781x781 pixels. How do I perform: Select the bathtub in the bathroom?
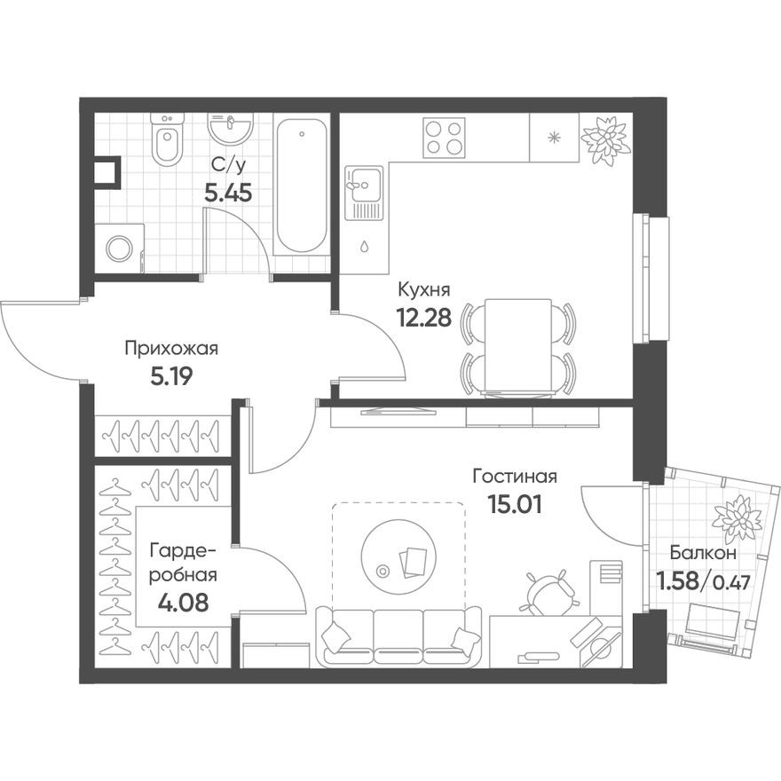tap(302, 187)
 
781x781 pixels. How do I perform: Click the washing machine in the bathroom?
tap(120, 248)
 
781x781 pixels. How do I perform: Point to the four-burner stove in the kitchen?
tap(444, 138)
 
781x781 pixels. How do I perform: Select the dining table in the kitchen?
tap(518, 346)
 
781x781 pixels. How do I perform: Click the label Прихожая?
tap(171, 348)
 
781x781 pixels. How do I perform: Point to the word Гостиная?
tap(515, 477)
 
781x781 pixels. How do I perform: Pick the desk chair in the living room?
tap(546, 591)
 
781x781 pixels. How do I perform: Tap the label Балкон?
tap(703, 552)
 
